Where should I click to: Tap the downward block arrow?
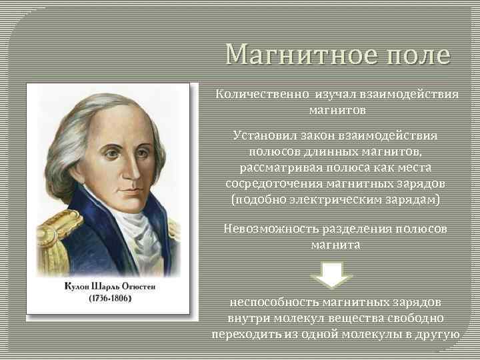point(336,273)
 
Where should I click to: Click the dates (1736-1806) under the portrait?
point(110,297)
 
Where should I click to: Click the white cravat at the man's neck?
point(137,230)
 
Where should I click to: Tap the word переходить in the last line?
point(243,333)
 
